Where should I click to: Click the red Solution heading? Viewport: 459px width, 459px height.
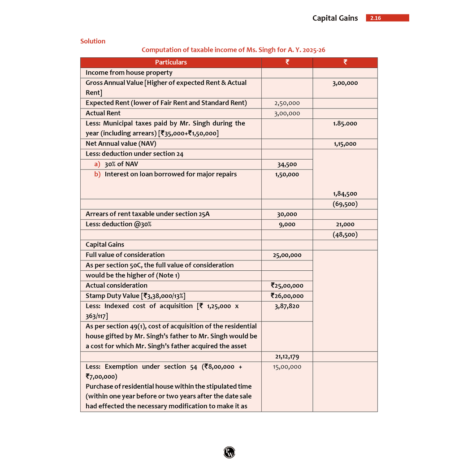[x=93, y=41]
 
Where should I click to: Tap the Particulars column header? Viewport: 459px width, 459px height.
[x=171, y=62]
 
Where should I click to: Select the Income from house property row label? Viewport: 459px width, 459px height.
[x=129, y=73]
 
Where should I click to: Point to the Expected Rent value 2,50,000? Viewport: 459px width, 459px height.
[x=287, y=103]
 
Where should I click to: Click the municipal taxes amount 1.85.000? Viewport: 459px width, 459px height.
[x=345, y=123]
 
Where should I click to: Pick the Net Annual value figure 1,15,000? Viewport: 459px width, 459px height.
[x=345, y=144]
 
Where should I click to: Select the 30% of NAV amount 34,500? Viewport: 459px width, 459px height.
[x=287, y=165]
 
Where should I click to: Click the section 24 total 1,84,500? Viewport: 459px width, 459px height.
[x=345, y=194]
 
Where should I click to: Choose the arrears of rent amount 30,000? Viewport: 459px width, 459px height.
[x=287, y=214]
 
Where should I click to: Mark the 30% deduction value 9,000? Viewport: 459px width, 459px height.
[x=287, y=224]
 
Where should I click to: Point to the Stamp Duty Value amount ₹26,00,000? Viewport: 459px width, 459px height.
[x=287, y=296]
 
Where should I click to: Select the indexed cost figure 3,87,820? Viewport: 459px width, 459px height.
[x=287, y=306]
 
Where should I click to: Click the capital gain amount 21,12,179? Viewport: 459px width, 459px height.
[x=287, y=357]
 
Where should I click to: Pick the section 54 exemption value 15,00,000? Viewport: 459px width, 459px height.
[x=287, y=367]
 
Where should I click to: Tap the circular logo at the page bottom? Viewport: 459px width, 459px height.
[x=229, y=452]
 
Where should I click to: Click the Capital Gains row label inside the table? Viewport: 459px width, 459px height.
[x=105, y=245]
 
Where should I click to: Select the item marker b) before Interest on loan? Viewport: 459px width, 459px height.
[x=97, y=174]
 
